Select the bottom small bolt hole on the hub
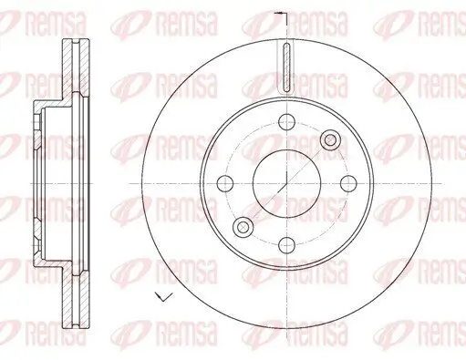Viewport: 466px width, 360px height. click(285, 242)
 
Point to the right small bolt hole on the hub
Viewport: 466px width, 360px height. click(346, 181)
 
